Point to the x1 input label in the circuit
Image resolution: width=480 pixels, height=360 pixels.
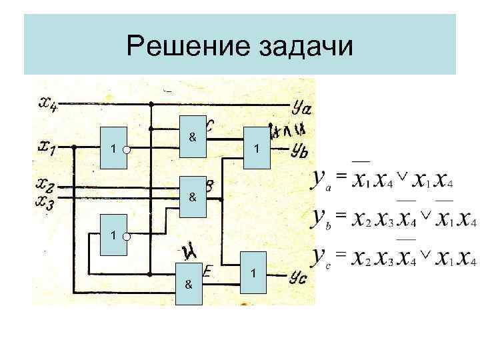tap(47, 146)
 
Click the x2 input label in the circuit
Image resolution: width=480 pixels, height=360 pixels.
tap(47, 183)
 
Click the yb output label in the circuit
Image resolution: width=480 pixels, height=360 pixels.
tap(299, 150)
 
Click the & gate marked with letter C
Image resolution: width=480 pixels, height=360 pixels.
tap(193, 137)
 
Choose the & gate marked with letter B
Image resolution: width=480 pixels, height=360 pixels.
tap(193, 197)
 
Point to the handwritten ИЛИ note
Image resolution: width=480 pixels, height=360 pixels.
tap(287, 129)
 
